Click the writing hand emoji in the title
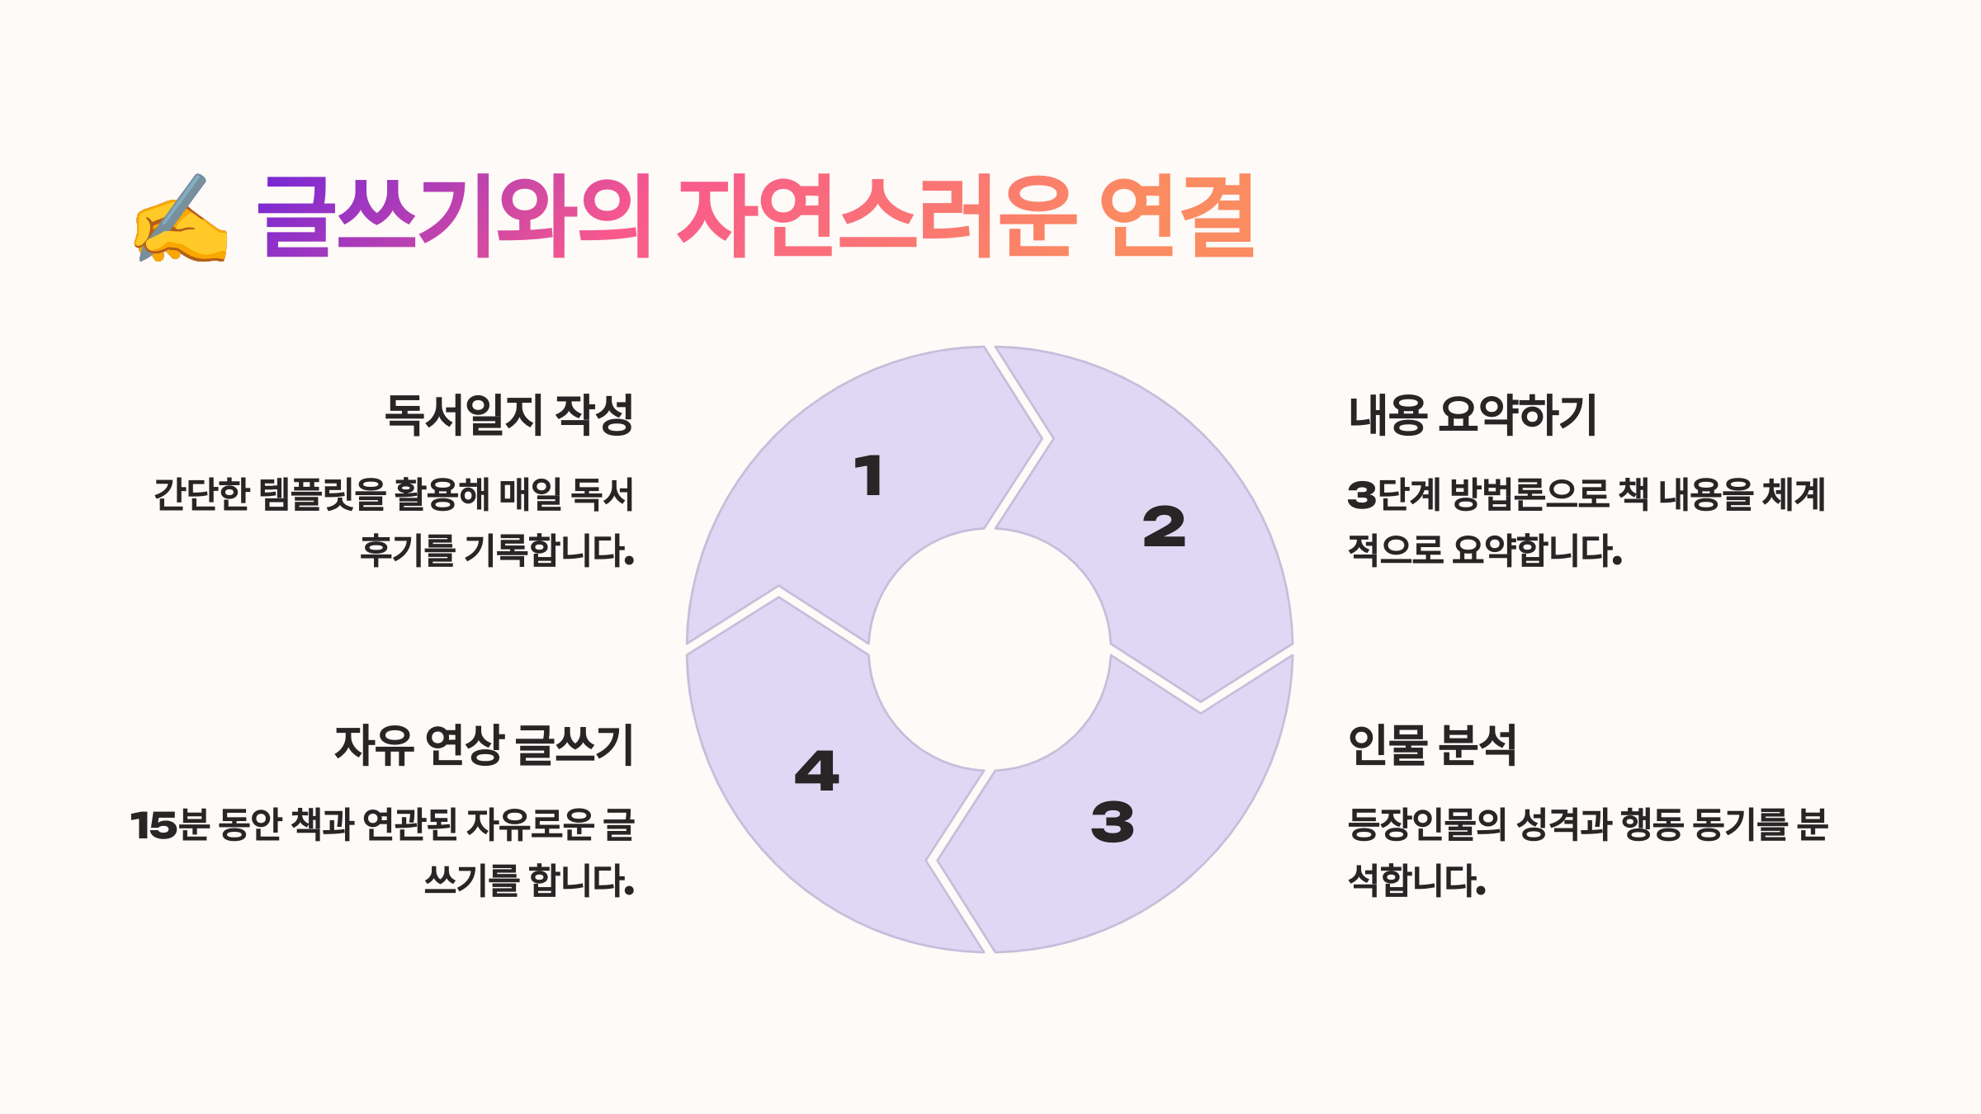[180, 219]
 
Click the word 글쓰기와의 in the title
[455, 216]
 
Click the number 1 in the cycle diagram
[868, 476]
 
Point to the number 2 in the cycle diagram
[1164, 527]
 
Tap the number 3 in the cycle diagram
[1112, 822]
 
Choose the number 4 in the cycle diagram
[816, 772]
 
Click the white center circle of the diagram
[990, 649]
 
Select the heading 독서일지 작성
[508, 415]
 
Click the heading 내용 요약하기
[1473, 415]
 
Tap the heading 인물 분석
[1432, 745]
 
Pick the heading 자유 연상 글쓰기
[485, 745]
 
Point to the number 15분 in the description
[170, 825]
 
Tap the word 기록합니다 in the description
[548, 550]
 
